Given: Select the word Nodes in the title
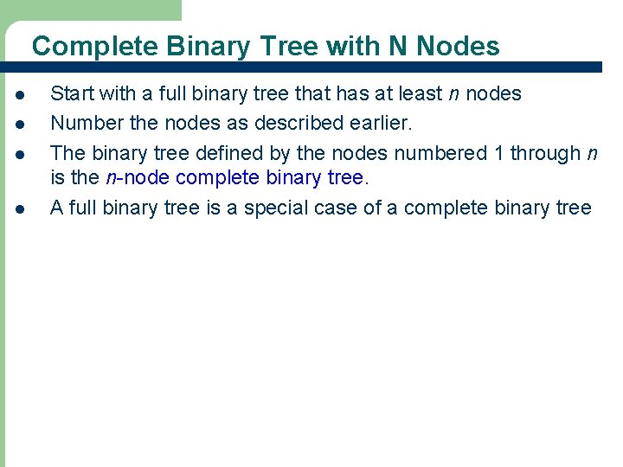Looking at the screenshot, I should coord(458,46).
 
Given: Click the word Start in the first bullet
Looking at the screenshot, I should coord(71,93).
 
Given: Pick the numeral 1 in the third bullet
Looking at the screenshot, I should coord(497,153).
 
